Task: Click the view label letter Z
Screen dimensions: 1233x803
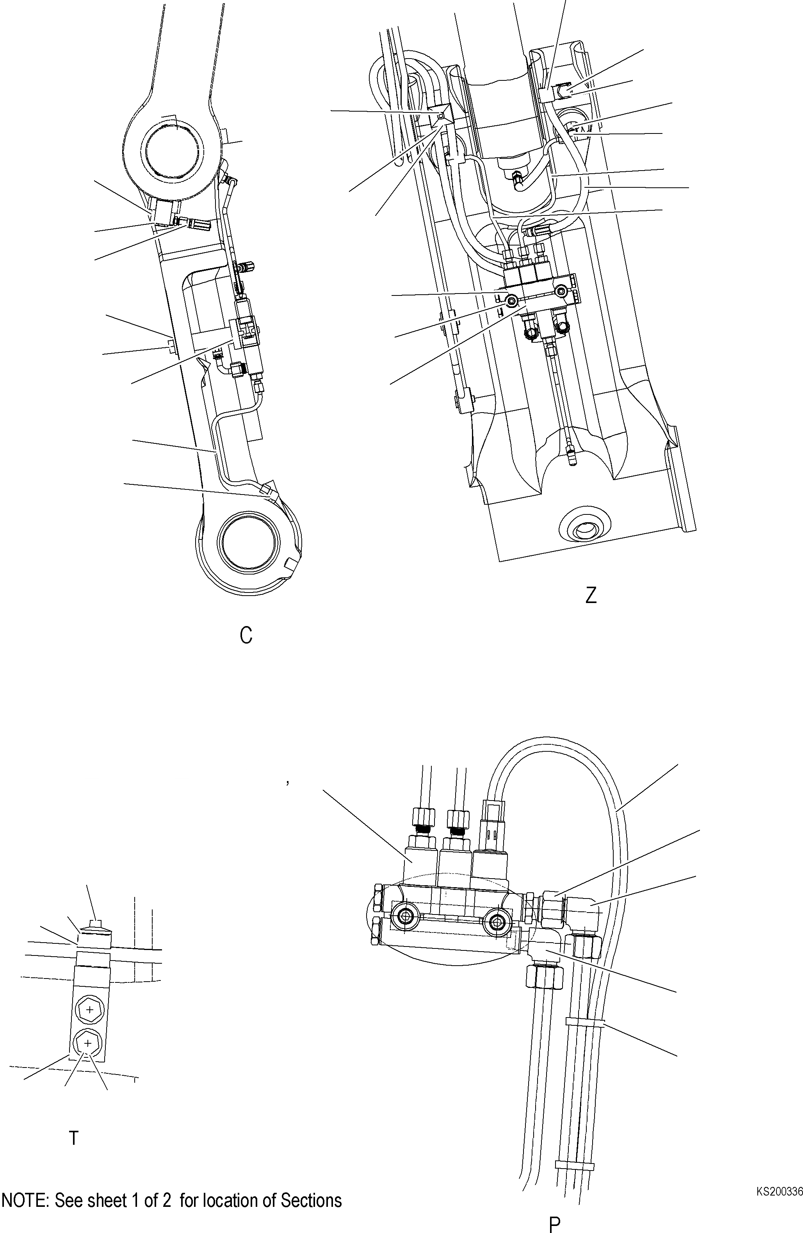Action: [x=591, y=595]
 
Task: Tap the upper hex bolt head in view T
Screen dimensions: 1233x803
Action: [x=90, y=1010]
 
